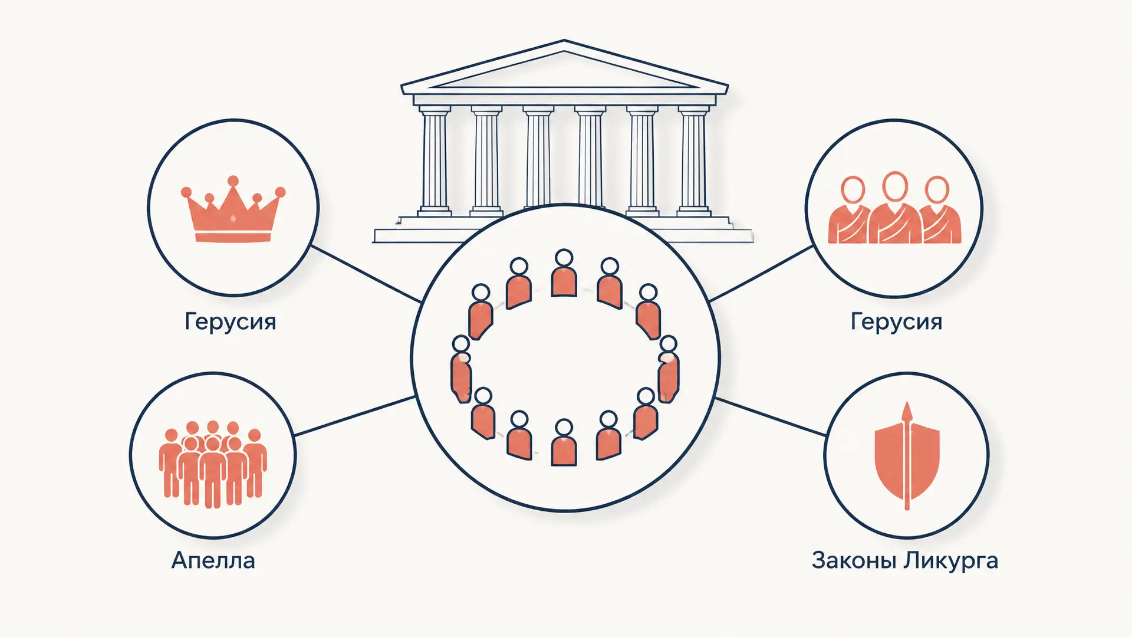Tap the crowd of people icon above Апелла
tap(213, 464)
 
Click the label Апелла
tap(213, 560)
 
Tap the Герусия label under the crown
tap(230, 322)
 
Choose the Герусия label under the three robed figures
tap(896, 322)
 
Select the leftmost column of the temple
tap(435, 160)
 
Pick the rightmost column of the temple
tap(693, 160)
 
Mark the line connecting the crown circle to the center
tap(366, 274)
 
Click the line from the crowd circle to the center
tap(354, 416)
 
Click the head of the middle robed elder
tap(894, 186)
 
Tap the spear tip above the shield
tap(907, 411)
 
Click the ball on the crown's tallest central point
tap(233, 180)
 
